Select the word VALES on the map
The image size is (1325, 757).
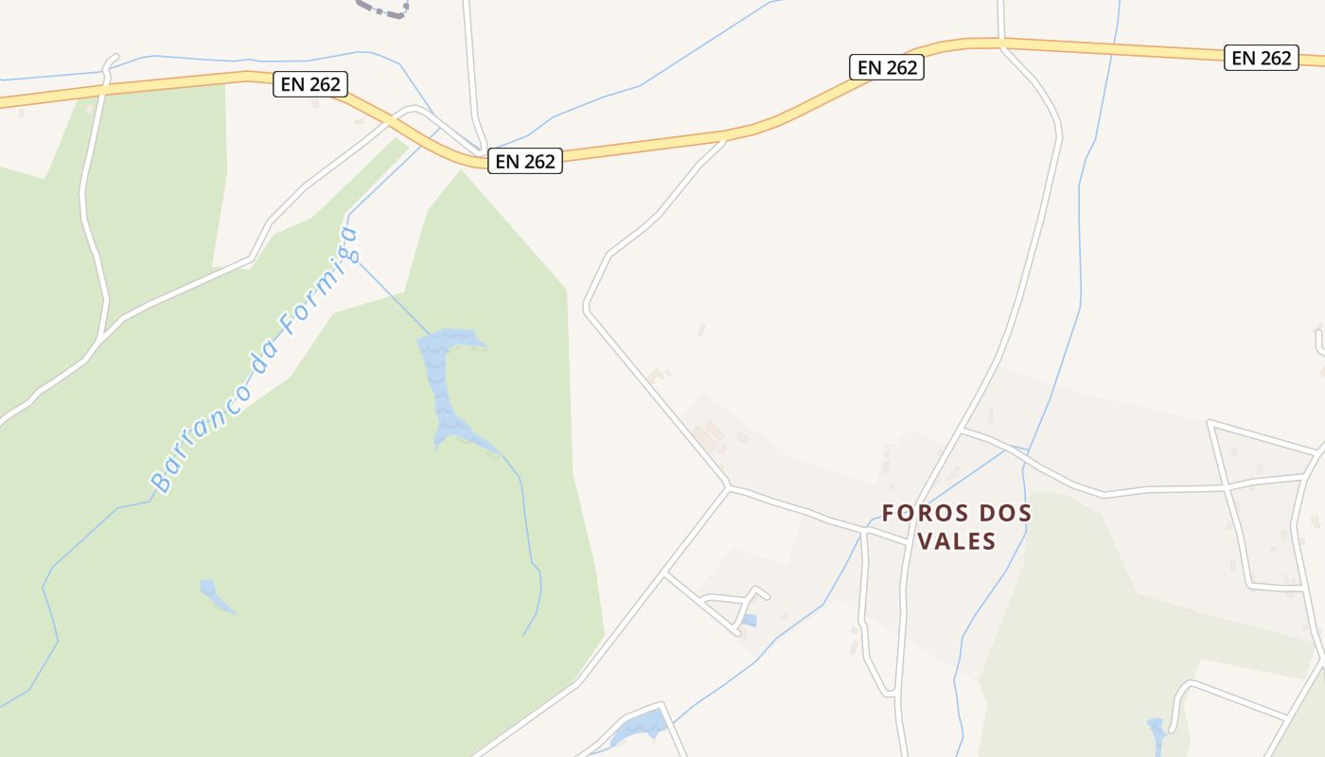click(x=956, y=541)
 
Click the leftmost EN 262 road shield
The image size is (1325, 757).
click(x=310, y=84)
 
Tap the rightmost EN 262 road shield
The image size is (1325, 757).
click(x=1262, y=58)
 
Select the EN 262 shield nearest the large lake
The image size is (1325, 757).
click(x=525, y=161)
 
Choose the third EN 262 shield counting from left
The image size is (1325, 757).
click(x=887, y=67)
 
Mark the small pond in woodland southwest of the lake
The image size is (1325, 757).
click(x=213, y=593)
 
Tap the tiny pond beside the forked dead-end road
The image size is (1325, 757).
click(x=749, y=621)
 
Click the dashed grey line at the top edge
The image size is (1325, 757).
click(x=383, y=9)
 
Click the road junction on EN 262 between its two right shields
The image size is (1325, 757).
click(x=1001, y=43)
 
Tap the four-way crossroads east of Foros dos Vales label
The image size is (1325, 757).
click(x=1227, y=486)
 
